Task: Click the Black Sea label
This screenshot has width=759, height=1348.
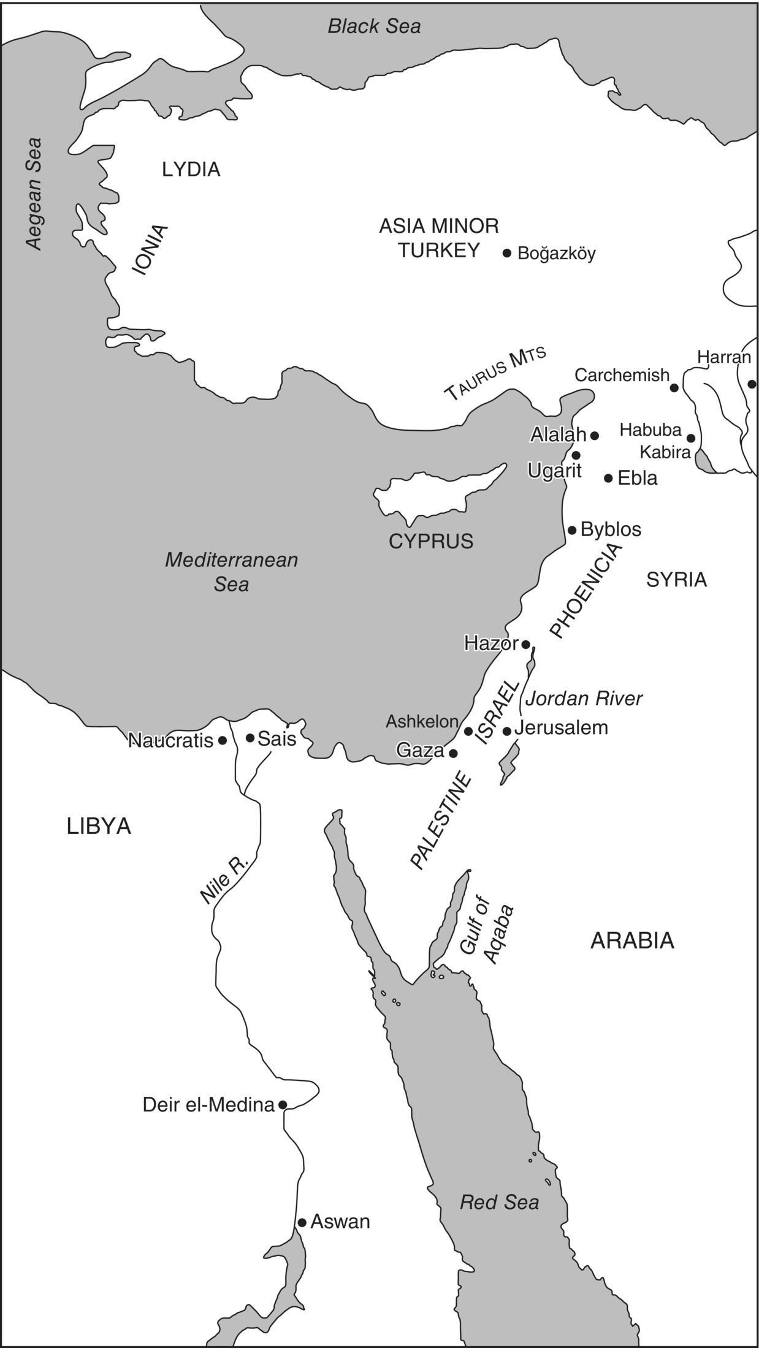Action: coord(374,26)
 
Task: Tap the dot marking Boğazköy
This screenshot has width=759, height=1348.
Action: coord(507,253)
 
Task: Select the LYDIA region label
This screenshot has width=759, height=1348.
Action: coord(191,170)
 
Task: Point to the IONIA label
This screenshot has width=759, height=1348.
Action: coord(150,250)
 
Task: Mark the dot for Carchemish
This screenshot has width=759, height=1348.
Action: coord(674,388)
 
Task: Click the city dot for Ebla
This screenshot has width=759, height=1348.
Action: coord(608,478)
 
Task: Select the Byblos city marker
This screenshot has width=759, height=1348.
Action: coord(572,530)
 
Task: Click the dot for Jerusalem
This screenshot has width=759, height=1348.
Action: coord(507,731)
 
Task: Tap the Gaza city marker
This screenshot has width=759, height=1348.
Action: coord(453,753)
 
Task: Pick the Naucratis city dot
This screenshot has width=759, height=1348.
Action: coord(223,740)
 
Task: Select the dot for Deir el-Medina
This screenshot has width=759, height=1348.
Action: coord(283,1105)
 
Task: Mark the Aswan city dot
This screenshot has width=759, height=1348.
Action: coord(302,1222)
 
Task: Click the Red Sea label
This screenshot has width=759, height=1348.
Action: coord(499,1202)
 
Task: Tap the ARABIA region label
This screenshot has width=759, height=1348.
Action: coord(632,940)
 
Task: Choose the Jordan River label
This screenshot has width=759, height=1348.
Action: coord(584,699)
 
